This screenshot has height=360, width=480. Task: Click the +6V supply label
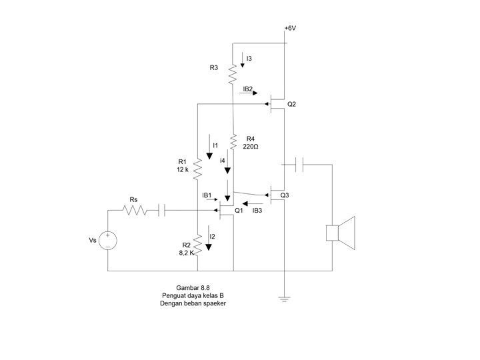[x=290, y=29]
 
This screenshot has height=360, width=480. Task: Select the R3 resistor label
[x=213, y=67]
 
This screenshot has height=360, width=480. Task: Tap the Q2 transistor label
[x=291, y=105]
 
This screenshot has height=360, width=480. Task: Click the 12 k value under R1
[x=183, y=170]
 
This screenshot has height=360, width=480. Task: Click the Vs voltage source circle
[x=107, y=240]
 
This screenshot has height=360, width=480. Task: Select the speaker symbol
[x=340, y=233]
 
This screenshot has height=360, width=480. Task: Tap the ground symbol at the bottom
[x=285, y=299]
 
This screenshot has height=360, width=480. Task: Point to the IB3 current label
[x=257, y=211]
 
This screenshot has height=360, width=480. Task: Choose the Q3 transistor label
[x=285, y=195]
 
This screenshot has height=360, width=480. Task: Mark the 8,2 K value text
[x=187, y=253]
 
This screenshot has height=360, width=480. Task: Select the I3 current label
[x=249, y=59]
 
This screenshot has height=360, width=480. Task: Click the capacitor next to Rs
[x=161, y=211]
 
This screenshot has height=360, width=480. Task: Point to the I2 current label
[x=213, y=237]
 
